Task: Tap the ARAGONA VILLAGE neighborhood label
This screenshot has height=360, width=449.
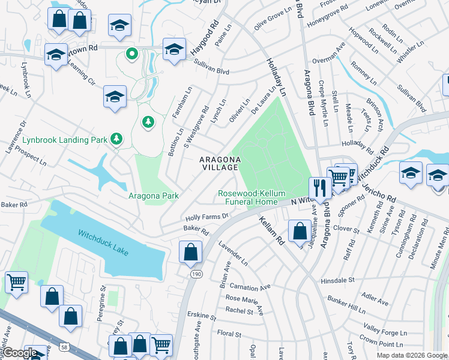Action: pos(220,163)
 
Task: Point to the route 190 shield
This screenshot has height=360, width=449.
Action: pos(196,274)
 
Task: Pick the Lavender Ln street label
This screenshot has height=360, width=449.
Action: pos(233,254)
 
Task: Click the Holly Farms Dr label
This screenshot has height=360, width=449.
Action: pos(207,217)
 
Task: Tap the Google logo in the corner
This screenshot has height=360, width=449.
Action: pos(20,353)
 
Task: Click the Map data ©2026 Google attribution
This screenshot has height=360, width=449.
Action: pos(412,355)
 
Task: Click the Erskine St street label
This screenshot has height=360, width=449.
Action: pos(201,316)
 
